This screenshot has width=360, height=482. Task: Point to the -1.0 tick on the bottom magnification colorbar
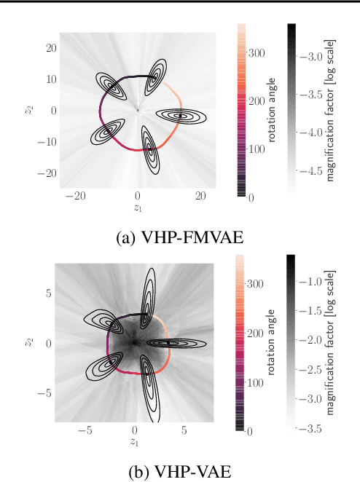[x=314, y=281]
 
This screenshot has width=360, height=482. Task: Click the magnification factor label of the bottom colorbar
[x=333, y=344]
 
